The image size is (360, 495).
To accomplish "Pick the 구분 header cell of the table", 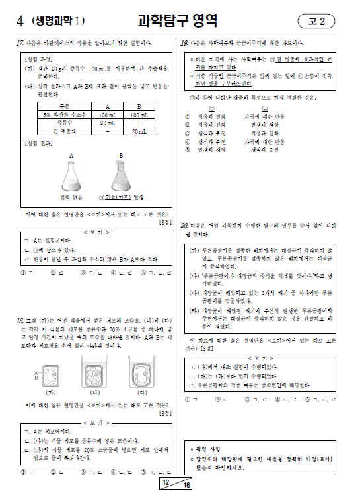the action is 64,106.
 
